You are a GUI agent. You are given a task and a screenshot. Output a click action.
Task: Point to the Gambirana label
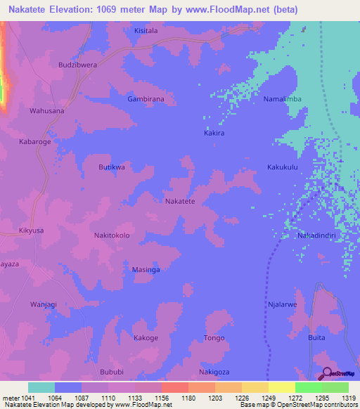146,99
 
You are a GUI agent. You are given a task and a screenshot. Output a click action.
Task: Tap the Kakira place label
214,133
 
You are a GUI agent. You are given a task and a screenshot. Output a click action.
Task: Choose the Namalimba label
282,99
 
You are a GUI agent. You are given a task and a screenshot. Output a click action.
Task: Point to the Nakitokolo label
112,235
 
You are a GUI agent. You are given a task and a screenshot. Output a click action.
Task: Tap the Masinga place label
146,269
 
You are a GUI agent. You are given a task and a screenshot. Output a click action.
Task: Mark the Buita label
316,338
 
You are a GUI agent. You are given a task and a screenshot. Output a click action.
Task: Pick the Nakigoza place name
214,372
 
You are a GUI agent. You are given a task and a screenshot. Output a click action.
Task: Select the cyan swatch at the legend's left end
41,387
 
